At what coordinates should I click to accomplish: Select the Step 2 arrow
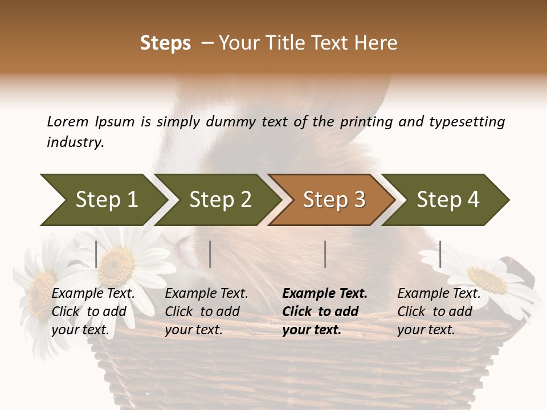coord(220,200)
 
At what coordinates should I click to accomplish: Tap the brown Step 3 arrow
coord(334,200)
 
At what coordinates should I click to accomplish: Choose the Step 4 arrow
coord(448,200)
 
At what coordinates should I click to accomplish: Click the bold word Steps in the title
coord(165,43)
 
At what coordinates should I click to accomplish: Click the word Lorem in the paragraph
coord(68,121)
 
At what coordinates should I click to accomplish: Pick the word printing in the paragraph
coord(366,121)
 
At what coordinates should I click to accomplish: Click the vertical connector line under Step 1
coord(96,254)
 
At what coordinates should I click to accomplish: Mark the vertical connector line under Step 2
coord(210,254)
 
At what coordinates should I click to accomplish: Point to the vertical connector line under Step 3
coord(325,254)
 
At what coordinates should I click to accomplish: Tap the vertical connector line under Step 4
coord(440,254)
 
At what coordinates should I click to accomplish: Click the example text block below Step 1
coord(93,311)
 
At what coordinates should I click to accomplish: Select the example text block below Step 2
coord(206,311)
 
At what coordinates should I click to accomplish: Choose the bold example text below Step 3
coord(325,311)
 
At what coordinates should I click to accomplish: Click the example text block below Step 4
coord(439,311)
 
